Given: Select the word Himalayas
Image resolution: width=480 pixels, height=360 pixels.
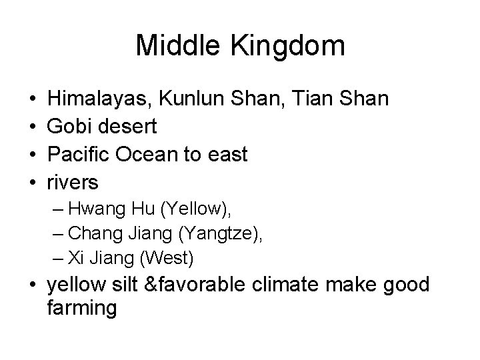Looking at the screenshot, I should pyautogui.click(x=101, y=98).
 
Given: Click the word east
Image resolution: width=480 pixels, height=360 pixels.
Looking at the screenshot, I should pyautogui.click(x=228, y=155).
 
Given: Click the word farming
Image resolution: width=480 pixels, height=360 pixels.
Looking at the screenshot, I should pyautogui.click(x=82, y=309).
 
